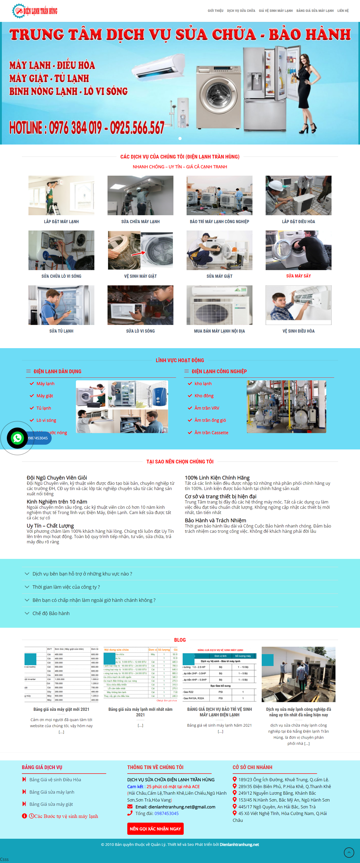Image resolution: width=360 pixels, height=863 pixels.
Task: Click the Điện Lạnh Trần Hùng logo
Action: coord(35,11)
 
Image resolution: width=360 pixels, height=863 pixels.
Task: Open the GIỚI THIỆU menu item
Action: coord(215,11)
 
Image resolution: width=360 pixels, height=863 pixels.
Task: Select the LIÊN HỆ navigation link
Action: coord(343,11)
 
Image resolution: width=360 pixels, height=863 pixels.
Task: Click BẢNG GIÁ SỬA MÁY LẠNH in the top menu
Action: coord(315,11)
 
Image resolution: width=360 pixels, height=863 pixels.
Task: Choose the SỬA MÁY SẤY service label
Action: coord(298,276)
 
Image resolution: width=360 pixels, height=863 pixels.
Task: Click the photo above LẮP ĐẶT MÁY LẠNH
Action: coord(61,195)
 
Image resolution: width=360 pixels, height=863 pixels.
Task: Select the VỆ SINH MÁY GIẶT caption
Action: coord(140,276)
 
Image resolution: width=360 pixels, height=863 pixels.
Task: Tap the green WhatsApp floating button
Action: coord(17,438)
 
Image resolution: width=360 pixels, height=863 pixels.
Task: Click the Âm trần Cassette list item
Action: coord(211,433)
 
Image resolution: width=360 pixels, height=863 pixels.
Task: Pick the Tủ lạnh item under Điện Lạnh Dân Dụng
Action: coord(43,408)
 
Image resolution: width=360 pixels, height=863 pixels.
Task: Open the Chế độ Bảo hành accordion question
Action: coord(51,613)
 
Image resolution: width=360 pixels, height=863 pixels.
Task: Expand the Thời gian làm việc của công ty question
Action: coord(66,587)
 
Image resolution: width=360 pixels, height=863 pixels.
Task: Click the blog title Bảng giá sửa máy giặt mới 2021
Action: coord(61,709)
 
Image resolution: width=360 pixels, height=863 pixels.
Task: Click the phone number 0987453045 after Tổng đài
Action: coord(167,813)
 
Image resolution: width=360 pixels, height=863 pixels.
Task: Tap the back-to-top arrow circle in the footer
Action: coord(349,852)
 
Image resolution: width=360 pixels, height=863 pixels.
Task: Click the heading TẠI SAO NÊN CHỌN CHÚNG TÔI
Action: coord(180,462)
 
